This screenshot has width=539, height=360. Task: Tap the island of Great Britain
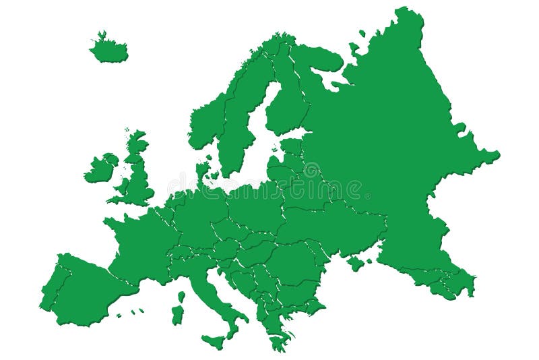tap(138, 182)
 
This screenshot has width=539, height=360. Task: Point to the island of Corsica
tap(181, 297)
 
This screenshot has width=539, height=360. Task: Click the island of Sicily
tap(214, 340)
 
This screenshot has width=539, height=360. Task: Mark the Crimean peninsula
tap(356, 262)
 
